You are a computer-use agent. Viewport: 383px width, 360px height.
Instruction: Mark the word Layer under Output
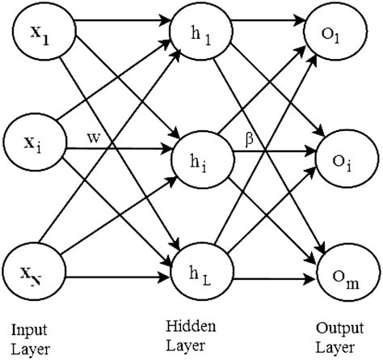coord(334,349)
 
